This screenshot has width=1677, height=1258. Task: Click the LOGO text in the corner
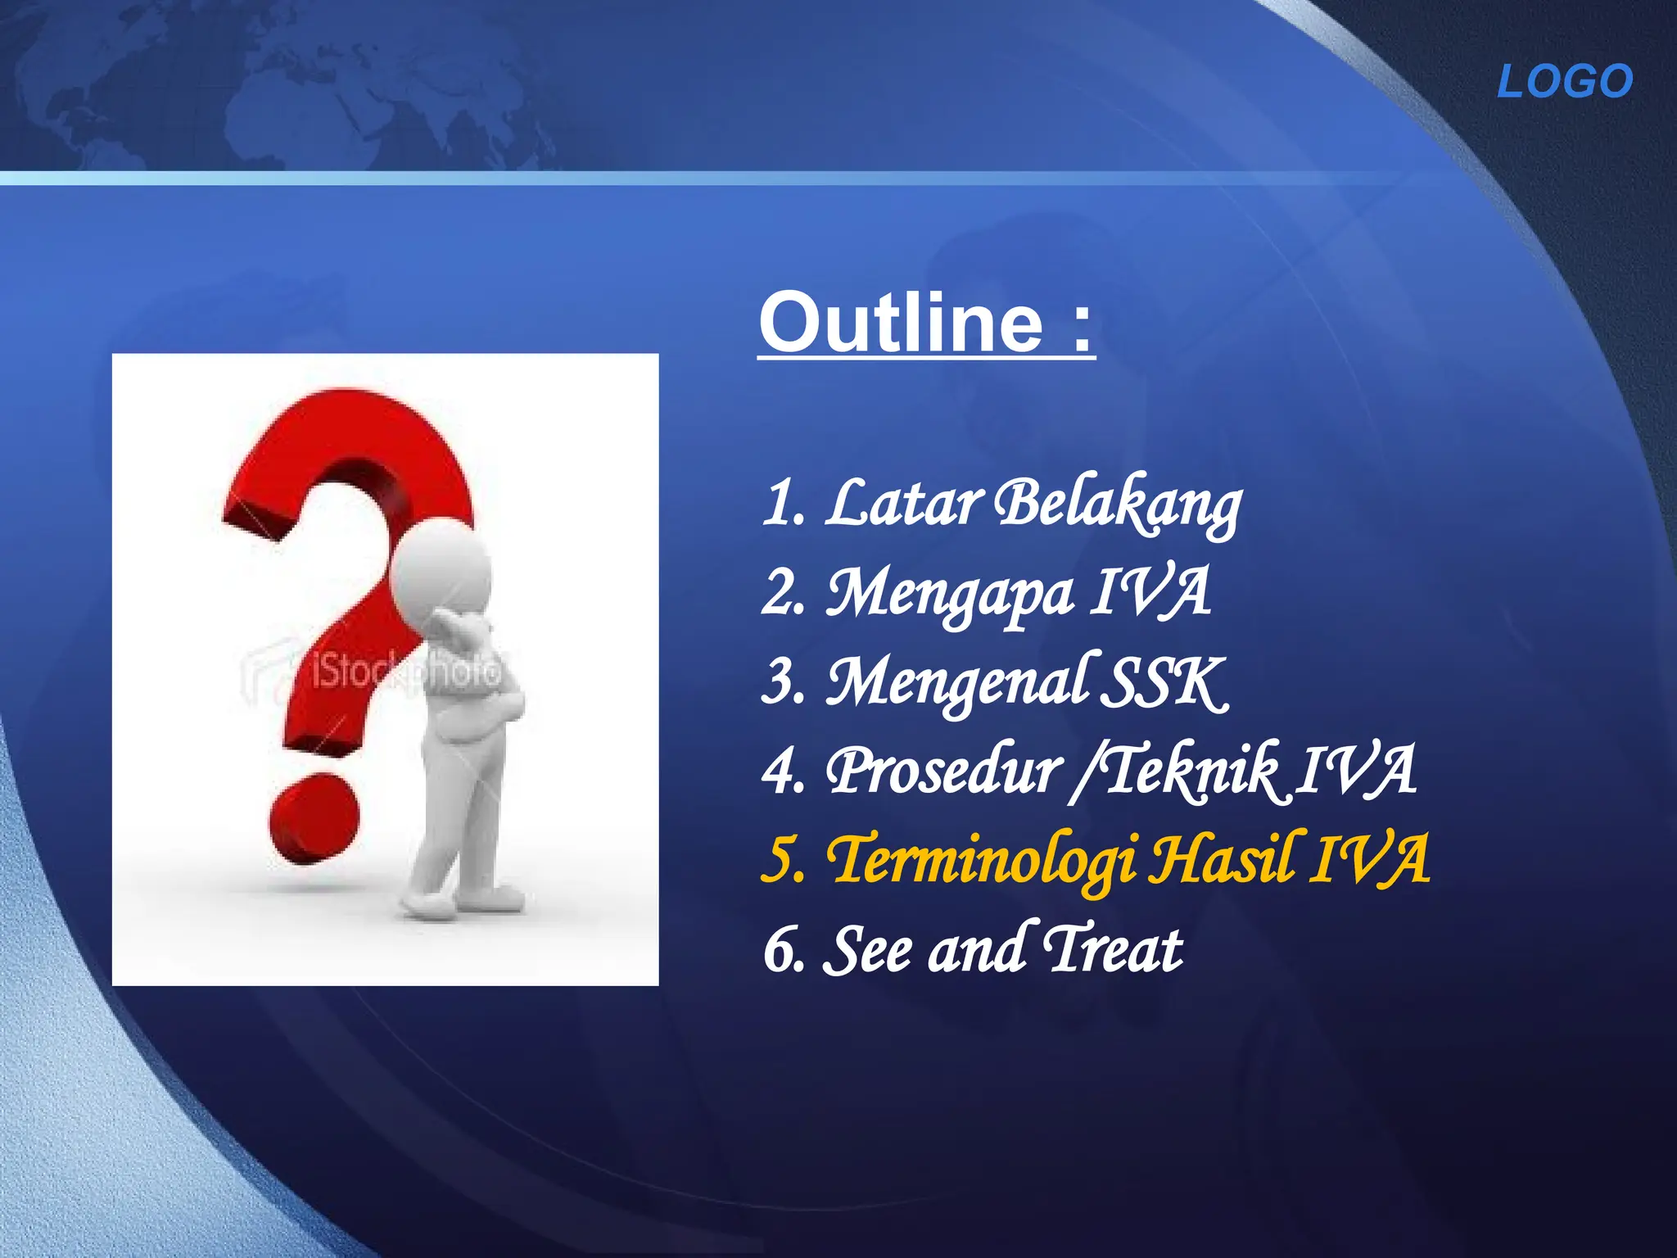click(1565, 82)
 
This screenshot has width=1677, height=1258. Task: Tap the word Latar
click(903, 502)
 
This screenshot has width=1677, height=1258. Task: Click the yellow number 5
click(780, 862)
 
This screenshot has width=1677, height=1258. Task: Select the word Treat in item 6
click(1114, 950)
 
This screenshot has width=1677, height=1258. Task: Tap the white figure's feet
click(459, 901)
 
